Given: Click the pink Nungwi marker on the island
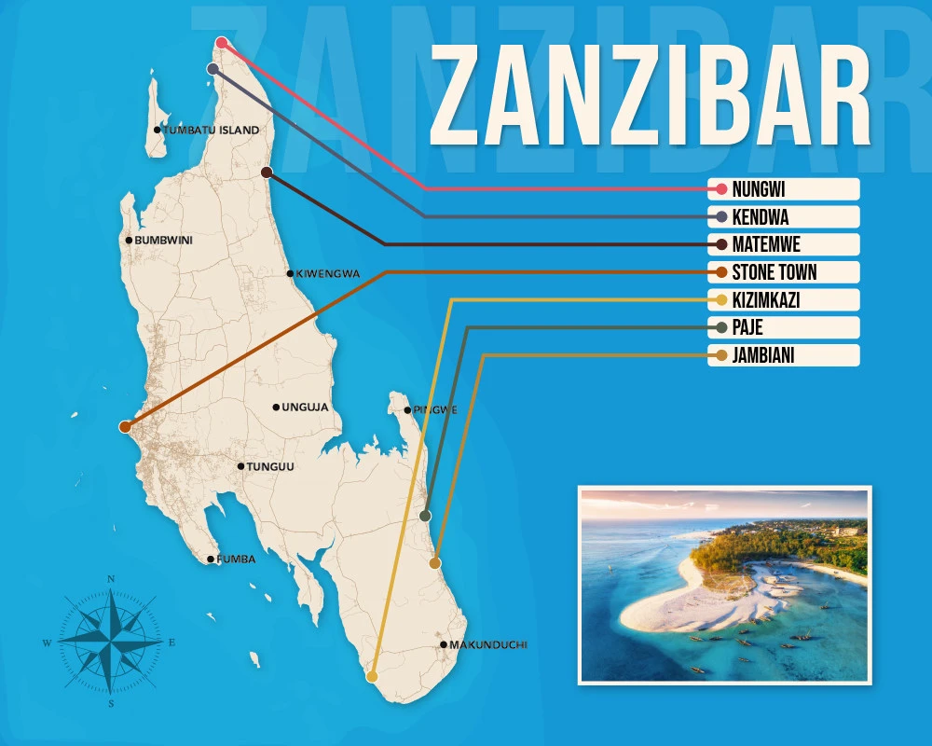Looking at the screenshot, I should [222, 42].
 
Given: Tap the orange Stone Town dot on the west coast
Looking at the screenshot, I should [125, 426].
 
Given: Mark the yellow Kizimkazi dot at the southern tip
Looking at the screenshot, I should [372, 676].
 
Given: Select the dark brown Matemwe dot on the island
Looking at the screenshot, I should [267, 173].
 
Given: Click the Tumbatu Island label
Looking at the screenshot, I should [211, 131].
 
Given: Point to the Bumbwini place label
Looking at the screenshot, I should [163, 241].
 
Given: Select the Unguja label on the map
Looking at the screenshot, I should [303, 408].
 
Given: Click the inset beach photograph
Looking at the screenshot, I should [724, 584].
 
